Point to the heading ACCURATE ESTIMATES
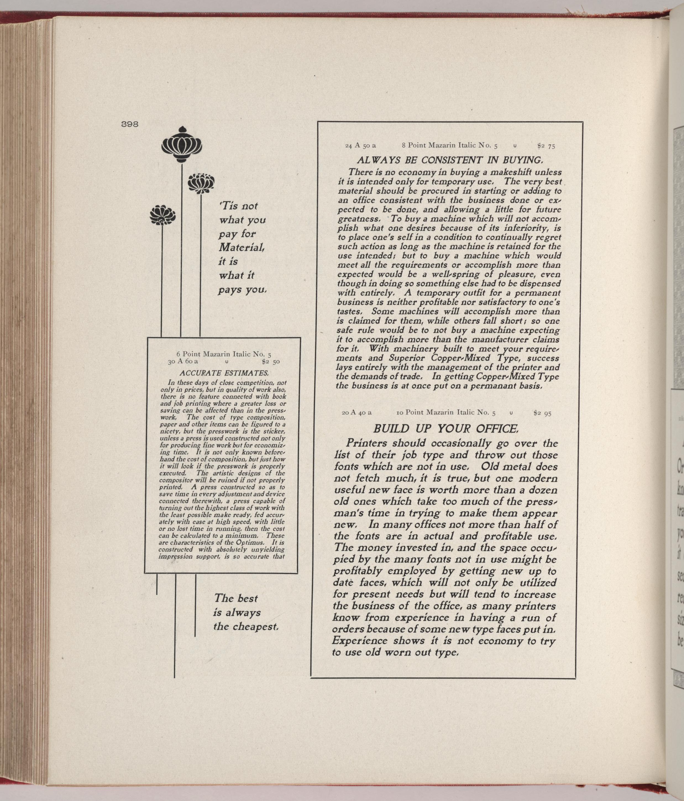(224, 373)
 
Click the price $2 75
(546, 146)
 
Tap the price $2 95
(542, 413)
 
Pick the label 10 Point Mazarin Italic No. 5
(446, 413)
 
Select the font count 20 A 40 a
(357, 413)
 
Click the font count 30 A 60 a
(183, 362)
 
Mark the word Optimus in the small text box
(253, 543)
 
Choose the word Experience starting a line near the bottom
(360, 641)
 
